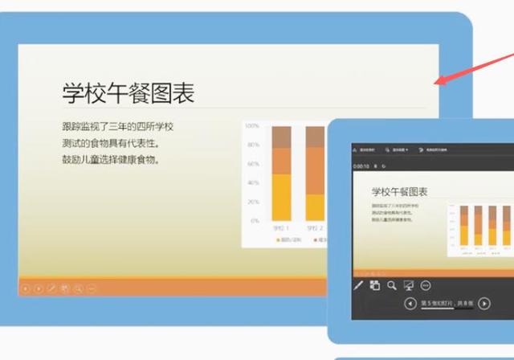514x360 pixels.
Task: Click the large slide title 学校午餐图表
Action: pyautogui.click(x=128, y=92)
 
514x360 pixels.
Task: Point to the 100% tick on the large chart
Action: pyautogui.click(x=251, y=126)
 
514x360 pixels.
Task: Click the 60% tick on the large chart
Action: pyautogui.click(x=252, y=164)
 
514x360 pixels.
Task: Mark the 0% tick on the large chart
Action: pyautogui.click(x=254, y=220)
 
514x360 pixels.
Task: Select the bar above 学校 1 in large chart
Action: pyautogui.click(x=280, y=173)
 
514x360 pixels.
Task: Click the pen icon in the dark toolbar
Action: pyautogui.click(x=357, y=284)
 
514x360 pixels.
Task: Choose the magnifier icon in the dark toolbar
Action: pyautogui.click(x=391, y=284)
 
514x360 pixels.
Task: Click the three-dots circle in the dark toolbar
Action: pyautogui.click(x=426, y=284)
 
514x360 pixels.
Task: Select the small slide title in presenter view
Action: pyautogui.click(x=399, y=191)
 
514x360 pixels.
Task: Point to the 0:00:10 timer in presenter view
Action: pyautogui.click(x=361, y=166)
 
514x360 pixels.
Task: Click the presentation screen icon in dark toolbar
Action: pyautogui.click(x=408, y=284)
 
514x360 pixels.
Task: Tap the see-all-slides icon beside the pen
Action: pyautogui.click(x=374, y=284)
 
